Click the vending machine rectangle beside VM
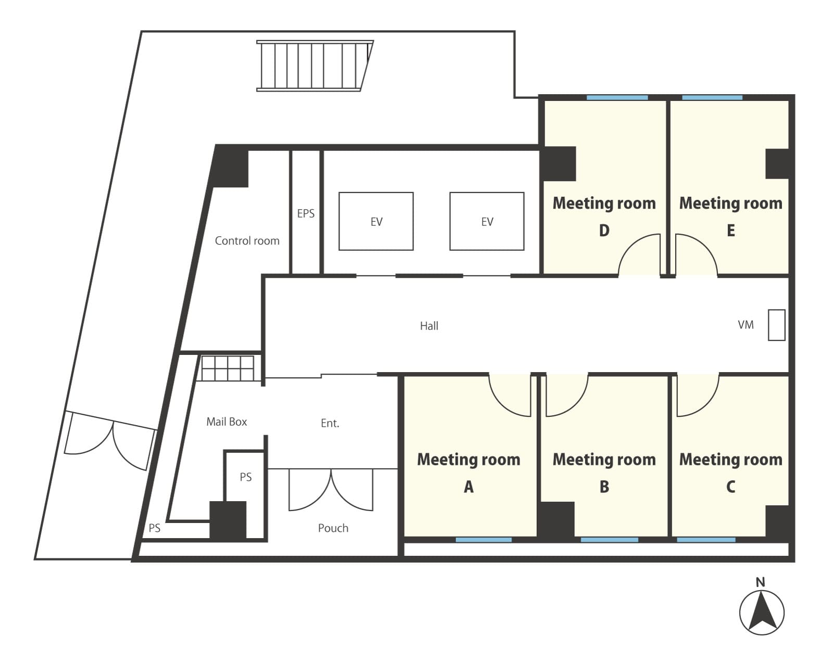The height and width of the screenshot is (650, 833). click(776, 325)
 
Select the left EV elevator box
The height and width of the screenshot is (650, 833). click(376, 221)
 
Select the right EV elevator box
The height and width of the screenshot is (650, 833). click(487, 221)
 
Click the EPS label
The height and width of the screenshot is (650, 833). click(306, 213)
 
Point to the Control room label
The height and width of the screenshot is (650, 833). click(247, 240)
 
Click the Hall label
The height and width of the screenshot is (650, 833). click(429, 326)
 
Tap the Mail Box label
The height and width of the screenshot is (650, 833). click(226, 422)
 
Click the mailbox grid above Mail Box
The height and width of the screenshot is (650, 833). click(228, 368)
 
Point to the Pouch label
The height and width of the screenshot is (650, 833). click(333, 528)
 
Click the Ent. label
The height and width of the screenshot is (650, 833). click(330, 423)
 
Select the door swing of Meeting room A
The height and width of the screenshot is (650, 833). click(510, 394)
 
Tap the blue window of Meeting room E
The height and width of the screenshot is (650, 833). click(712, 98)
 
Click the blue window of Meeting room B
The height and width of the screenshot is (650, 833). click(610, 540)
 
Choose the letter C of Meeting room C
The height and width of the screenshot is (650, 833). click(730, 487)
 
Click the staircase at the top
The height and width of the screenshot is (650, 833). click(315, 66)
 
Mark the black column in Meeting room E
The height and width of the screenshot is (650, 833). click(777, 164)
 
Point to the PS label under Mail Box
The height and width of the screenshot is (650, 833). click(246, 477)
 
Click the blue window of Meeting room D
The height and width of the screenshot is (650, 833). click(617, 98)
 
